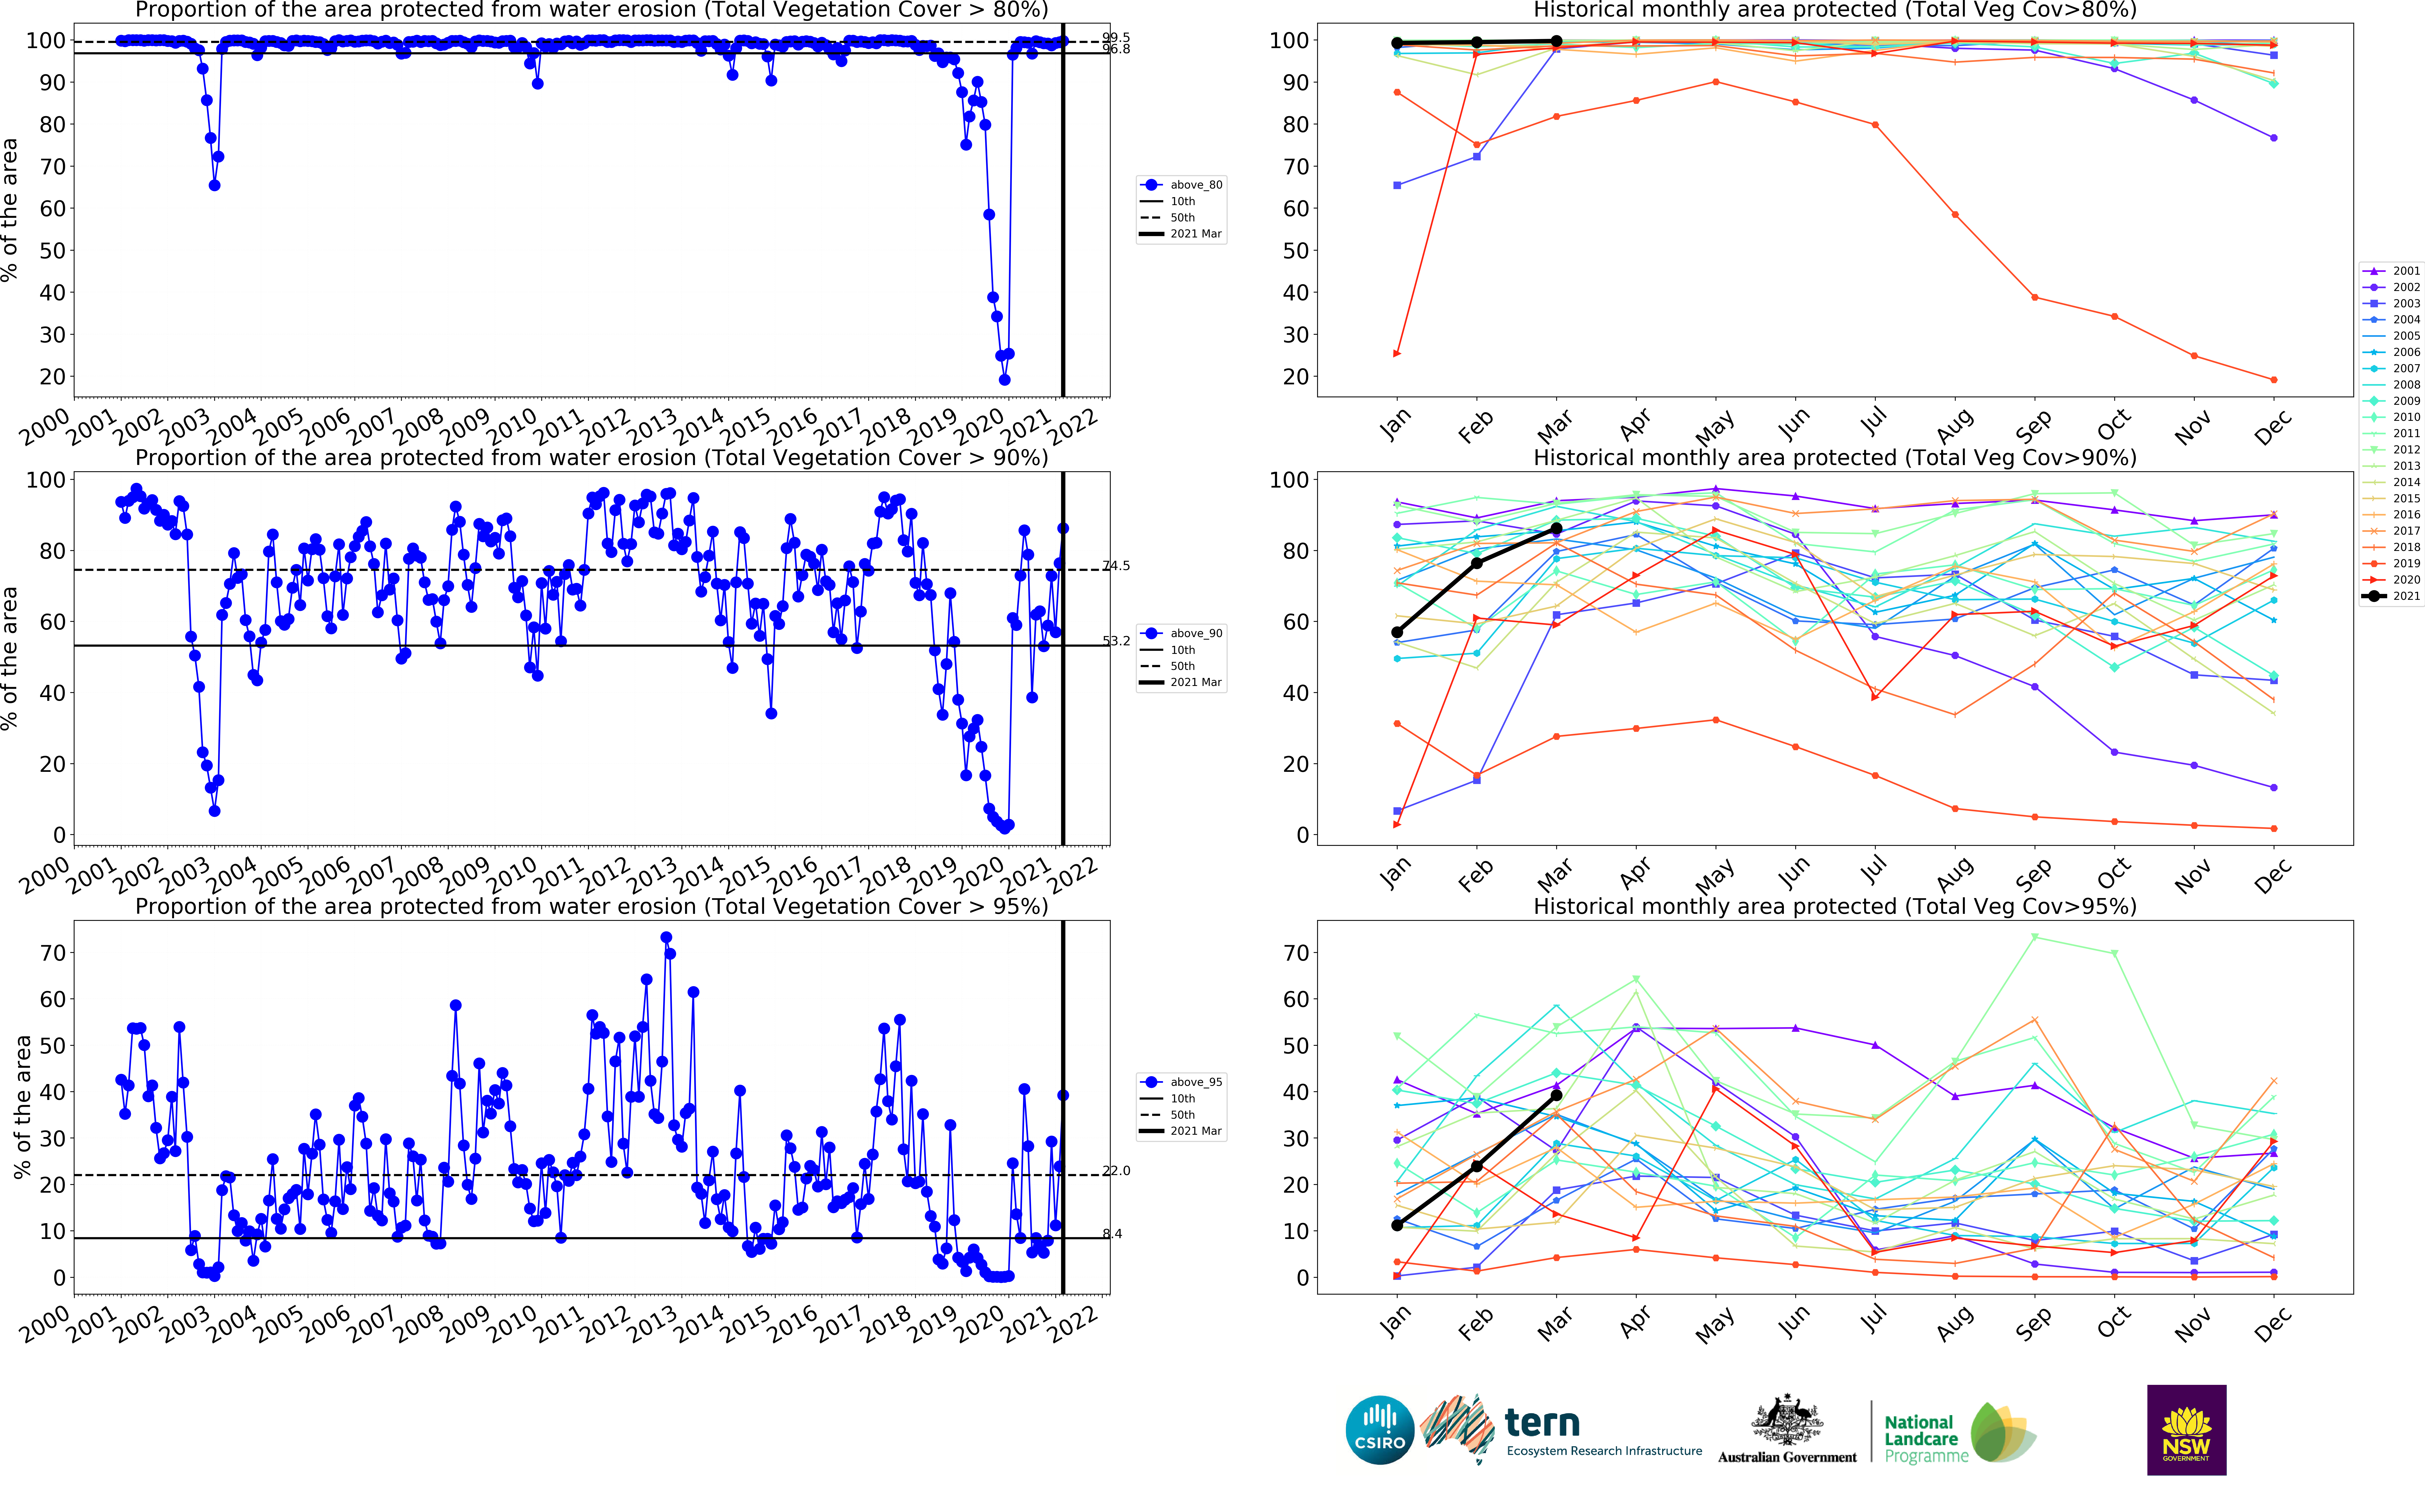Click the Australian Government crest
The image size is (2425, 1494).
point(1787,1421)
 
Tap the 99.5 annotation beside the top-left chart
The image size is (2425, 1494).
point(1117,38)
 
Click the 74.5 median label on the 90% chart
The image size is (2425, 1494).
point(1117,566)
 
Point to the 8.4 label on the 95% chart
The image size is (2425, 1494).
point(1113,1233)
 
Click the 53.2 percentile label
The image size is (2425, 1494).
point(1117,641)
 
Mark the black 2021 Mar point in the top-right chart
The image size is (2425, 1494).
point(1556,41)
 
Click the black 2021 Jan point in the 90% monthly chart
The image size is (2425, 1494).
point(1397,632)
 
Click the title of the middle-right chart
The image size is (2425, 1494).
point(1834,458)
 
